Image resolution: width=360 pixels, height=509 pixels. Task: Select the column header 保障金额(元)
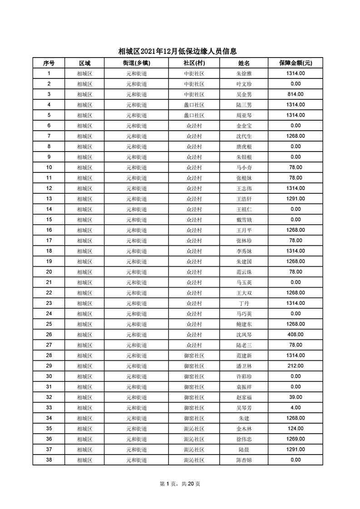(296, 63)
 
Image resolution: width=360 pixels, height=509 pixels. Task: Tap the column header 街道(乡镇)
(136, 63)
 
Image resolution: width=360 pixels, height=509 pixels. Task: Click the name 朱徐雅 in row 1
(244, 73)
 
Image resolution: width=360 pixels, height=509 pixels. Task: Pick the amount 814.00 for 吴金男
(296, 94)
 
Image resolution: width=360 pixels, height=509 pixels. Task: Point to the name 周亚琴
(244, 115)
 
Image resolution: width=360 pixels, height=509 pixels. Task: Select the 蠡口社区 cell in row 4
(194, 105)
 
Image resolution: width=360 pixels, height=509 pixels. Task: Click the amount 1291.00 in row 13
(296, 199)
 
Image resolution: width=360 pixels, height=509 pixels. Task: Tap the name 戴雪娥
(244, 220)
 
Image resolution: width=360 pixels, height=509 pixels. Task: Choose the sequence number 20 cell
(49, 272)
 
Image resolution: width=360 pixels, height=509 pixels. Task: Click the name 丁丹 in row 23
(244, 303)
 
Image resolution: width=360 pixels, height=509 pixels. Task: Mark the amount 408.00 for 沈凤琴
(296, 334)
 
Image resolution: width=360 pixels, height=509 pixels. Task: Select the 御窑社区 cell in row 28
(194, 355)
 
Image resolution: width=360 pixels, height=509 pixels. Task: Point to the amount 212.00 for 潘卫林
(296, 366)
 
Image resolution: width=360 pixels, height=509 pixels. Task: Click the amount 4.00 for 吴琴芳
(296, 407)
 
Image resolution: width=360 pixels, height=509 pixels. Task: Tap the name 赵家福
(244, 397)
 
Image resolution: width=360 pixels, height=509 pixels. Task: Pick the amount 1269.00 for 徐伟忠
(296, 439)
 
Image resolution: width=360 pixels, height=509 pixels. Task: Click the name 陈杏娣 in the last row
(244, 460)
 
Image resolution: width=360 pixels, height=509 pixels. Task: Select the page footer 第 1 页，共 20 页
(180, 484)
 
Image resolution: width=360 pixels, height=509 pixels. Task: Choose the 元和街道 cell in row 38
(136, 460)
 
